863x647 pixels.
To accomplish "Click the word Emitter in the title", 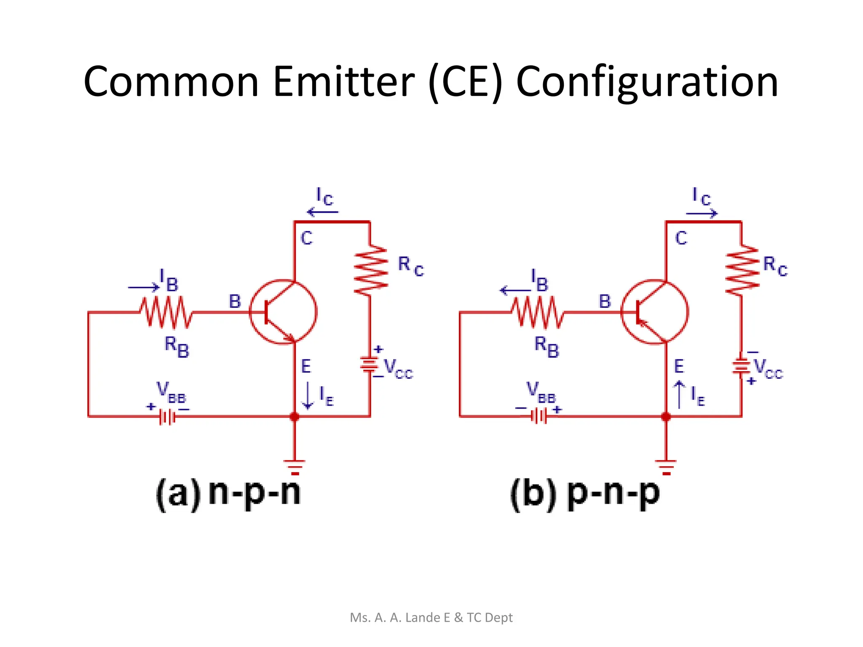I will (x=343, y=82).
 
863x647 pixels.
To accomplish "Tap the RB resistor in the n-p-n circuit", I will (x=166, y=312).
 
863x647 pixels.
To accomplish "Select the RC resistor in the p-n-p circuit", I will (x=742, y=270).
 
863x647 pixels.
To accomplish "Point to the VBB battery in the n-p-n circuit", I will (x=167, y=417).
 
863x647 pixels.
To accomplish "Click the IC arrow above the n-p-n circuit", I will (x=322, y=211).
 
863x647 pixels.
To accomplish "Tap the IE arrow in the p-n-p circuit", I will (x=679, y=394).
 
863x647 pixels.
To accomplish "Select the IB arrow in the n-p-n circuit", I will (x=144, y=288).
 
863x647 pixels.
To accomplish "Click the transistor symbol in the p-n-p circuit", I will (x=654, y=312).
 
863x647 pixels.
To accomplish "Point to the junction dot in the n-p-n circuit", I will (x=294, y=417).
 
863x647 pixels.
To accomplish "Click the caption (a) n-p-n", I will (x=228, y=493).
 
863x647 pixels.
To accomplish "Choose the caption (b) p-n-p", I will (x=584, y=493).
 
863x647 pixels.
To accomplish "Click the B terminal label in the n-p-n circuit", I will (x=235, y=302).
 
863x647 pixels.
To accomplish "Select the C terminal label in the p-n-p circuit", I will (x=681, y=238).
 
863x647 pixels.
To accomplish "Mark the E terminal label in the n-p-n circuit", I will (x=306, y=366).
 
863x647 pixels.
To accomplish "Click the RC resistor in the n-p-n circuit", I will (x=370, y=270).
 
